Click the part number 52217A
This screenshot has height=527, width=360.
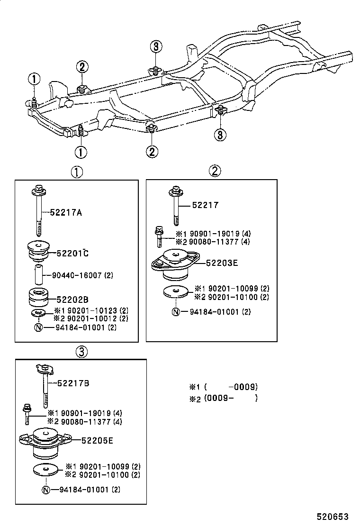pyautogui.click(x=66, y=213)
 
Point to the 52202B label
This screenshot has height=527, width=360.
pyautogui.click(x=72, y=299)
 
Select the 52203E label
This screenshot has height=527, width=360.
pyautogui.click(x=221, y=263)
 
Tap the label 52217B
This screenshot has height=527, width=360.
pyautogui.click(x=72, y=383)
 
